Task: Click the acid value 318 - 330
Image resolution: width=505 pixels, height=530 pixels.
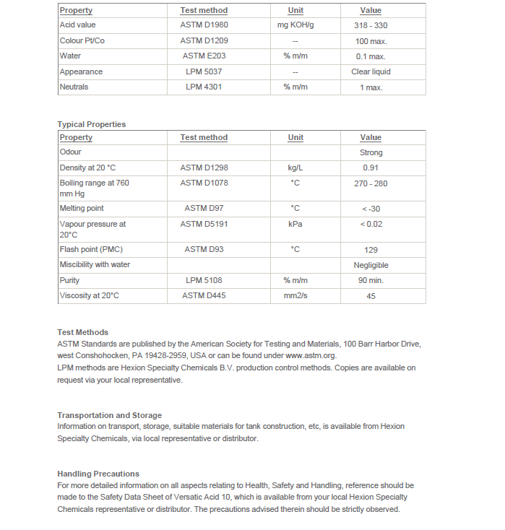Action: [371, 25]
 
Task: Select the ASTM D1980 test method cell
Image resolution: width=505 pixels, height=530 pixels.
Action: [204, 25]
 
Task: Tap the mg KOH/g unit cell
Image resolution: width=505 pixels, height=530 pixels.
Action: [295, 25]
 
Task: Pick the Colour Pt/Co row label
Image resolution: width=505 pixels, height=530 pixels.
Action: [82, 40]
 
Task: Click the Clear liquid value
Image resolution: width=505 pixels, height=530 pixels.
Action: [371, 72]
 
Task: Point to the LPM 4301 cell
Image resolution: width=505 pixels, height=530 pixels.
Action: [204, 87]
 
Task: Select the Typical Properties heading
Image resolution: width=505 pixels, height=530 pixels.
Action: [92, 124]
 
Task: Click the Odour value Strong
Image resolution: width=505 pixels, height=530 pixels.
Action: [371, 152]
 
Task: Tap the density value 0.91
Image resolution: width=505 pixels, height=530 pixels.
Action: [371, 168]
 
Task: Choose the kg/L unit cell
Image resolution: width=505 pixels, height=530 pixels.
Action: [295, 168]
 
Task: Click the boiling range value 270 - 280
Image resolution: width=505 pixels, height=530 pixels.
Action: [371, 183]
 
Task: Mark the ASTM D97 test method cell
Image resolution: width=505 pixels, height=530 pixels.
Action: [204, 209]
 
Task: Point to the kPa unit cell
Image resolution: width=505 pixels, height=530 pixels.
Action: [295, 225]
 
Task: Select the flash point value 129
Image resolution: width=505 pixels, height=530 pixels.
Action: [371, 250]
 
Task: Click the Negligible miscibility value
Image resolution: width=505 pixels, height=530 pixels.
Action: [371, 265]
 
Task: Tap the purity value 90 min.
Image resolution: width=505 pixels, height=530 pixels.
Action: [371, 281]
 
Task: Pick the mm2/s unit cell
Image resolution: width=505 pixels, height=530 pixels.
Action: [295, 296]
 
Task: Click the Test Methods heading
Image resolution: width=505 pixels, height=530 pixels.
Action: [83, 332]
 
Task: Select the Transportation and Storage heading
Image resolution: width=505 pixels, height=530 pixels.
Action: [110, 415]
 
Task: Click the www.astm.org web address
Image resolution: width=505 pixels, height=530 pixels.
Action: [311, 356]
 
